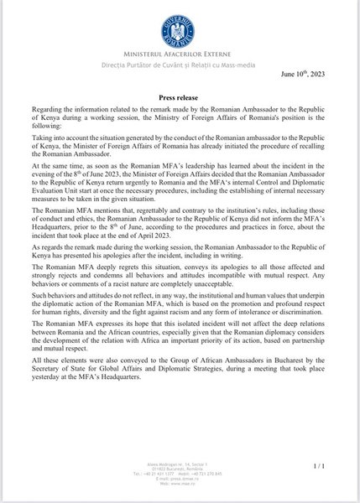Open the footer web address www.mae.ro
pos(179,484)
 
